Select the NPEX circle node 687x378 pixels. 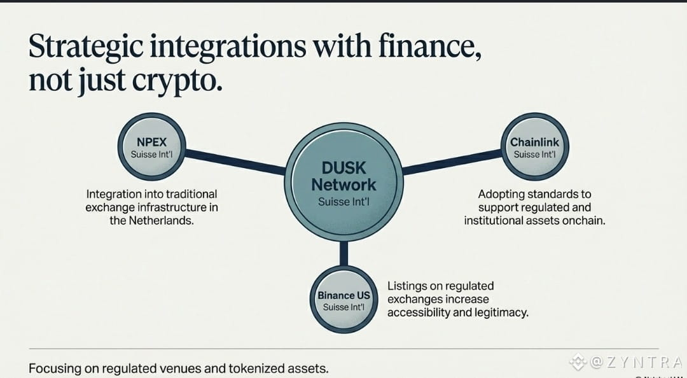(153, 148)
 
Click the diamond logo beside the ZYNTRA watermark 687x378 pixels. (578, 362)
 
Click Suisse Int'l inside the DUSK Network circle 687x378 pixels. (343, 202)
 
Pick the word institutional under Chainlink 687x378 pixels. (497, 221)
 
